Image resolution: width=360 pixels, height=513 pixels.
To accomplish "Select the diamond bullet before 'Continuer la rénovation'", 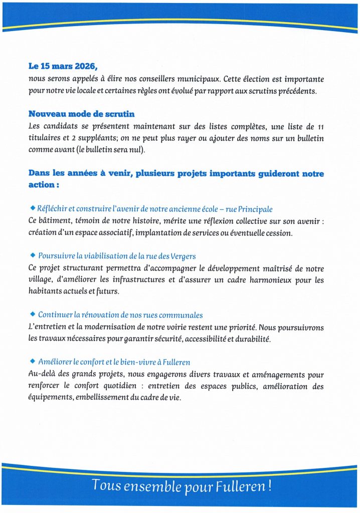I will (x=33, y=314).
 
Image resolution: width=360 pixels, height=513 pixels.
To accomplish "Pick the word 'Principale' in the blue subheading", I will (x=256, y=209).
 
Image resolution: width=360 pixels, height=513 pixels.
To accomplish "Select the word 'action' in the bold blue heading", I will (x=41, y=185).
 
